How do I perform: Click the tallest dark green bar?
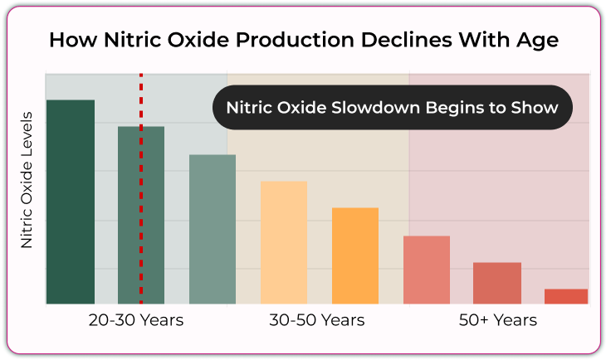pyautogui.click(x=71, y=202)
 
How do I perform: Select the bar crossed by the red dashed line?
pyautogui.click(x=141, y=215)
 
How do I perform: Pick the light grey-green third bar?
pyautogui.click(x=213, y=229)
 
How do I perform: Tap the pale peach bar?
pyautogui.click(x=284, y=242)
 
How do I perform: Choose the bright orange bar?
pyautogui.click(x=355, y=255)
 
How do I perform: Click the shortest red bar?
pyautogui.click(x=566, y=296)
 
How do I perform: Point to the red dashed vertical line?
pyautogui.click(x=141, y=188)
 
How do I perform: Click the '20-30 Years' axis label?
pyautogui.click(x=136, y=320)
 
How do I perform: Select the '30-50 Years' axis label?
pyautogui.click(x=317, y=320)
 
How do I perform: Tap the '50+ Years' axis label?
pyautogui.click(x=498, y=320)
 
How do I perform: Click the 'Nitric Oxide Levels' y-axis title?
pyautogui.click(x=27, y=180)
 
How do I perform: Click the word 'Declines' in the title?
pyautogui.click(x=406, y=40)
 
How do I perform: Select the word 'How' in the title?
pyautogui.click(x=73, y=40)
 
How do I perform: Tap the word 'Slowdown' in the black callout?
pyautogui.click(x=376, y=107)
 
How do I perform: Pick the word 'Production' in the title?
pyautogui.click(x=295, y=40)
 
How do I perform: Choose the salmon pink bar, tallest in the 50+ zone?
pyautogui.click(x=427, y=270)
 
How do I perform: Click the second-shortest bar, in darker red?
pyautogui.click(x=497, y=283)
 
